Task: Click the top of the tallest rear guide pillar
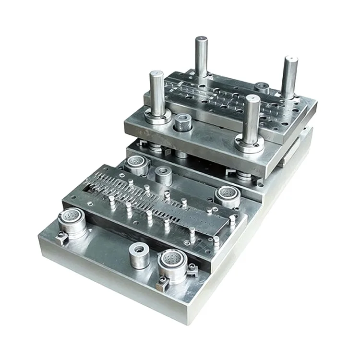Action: pyautogui.click(x=201, y=39)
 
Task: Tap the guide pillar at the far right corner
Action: pyautogui.click(x=289, y=77)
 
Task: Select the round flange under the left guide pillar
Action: pyautogui.click(x=157, y=117)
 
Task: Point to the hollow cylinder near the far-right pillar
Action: pyautogui.click(x=261, y=88)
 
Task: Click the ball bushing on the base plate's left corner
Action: pyautogui.click(x=72, y=222)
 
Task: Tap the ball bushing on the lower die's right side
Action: pyautogui.click(x=227, y=195)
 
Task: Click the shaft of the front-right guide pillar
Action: pyautogui.click(x=251, y=118)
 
